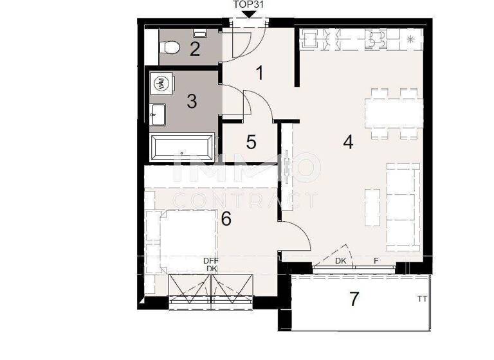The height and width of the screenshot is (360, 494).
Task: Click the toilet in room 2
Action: [x=171, y=47]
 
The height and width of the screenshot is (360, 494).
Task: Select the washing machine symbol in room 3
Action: [x=161, y=84]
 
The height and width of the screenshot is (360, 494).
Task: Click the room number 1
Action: [x=259, y=73]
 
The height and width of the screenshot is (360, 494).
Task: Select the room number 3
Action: [x=192, y=101]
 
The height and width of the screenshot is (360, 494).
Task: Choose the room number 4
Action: [x=348, y=142]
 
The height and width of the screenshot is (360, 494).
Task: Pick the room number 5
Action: [x=252, y=141]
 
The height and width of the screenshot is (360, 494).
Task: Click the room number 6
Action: [x=226, y=219]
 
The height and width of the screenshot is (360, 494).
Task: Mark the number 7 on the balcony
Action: [x=353, y=299]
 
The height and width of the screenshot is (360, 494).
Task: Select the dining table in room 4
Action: [x=394, y=114]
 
